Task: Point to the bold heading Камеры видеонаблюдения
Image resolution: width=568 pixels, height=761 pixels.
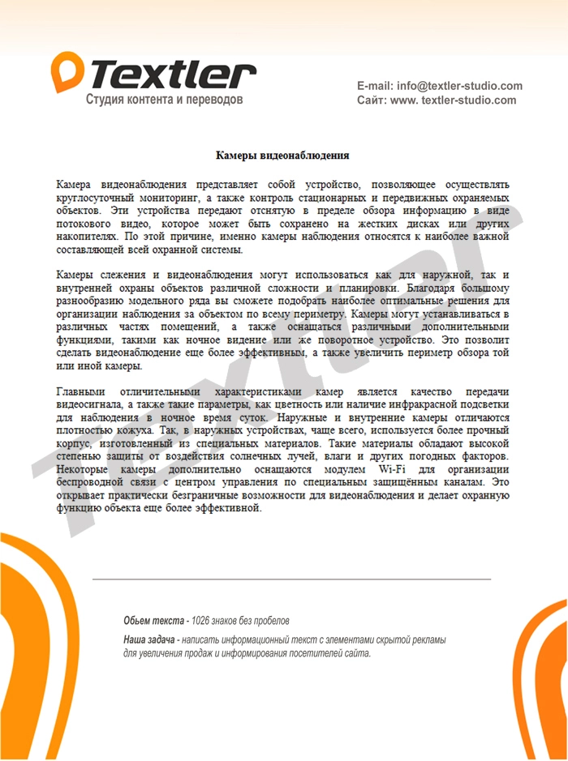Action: [282, 155]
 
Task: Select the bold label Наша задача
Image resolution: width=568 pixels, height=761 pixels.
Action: [150, 640]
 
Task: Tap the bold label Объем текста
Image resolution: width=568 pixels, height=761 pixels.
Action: [153, 621]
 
